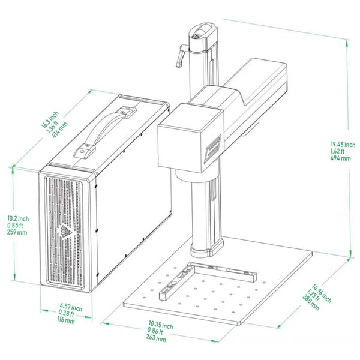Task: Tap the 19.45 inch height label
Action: pos(343,144)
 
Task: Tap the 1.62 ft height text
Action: pos(338,151)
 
